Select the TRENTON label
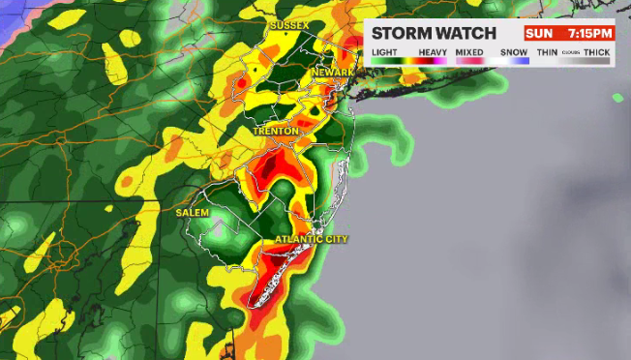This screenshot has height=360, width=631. point(275,130)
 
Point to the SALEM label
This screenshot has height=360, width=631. point(193,211)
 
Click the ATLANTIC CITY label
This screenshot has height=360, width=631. point(311,239)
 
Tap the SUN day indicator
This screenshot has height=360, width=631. point(539,32)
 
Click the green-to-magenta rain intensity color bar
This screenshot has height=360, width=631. point(407,61)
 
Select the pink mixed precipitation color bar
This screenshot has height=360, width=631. point(469,61)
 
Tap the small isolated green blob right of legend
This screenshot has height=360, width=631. point(617,97)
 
